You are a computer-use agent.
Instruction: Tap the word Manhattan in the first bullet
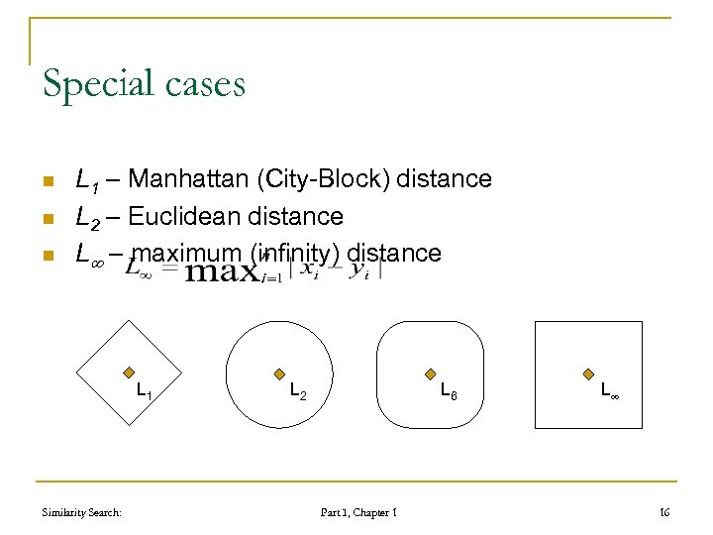189,179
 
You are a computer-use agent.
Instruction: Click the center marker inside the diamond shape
128,374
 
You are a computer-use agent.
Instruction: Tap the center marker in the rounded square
430,374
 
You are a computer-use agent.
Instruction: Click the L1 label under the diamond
144,390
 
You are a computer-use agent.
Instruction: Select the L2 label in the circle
296,391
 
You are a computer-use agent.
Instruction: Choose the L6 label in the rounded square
448,391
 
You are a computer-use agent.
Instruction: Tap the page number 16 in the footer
663,512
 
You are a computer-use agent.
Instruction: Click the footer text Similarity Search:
82,512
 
